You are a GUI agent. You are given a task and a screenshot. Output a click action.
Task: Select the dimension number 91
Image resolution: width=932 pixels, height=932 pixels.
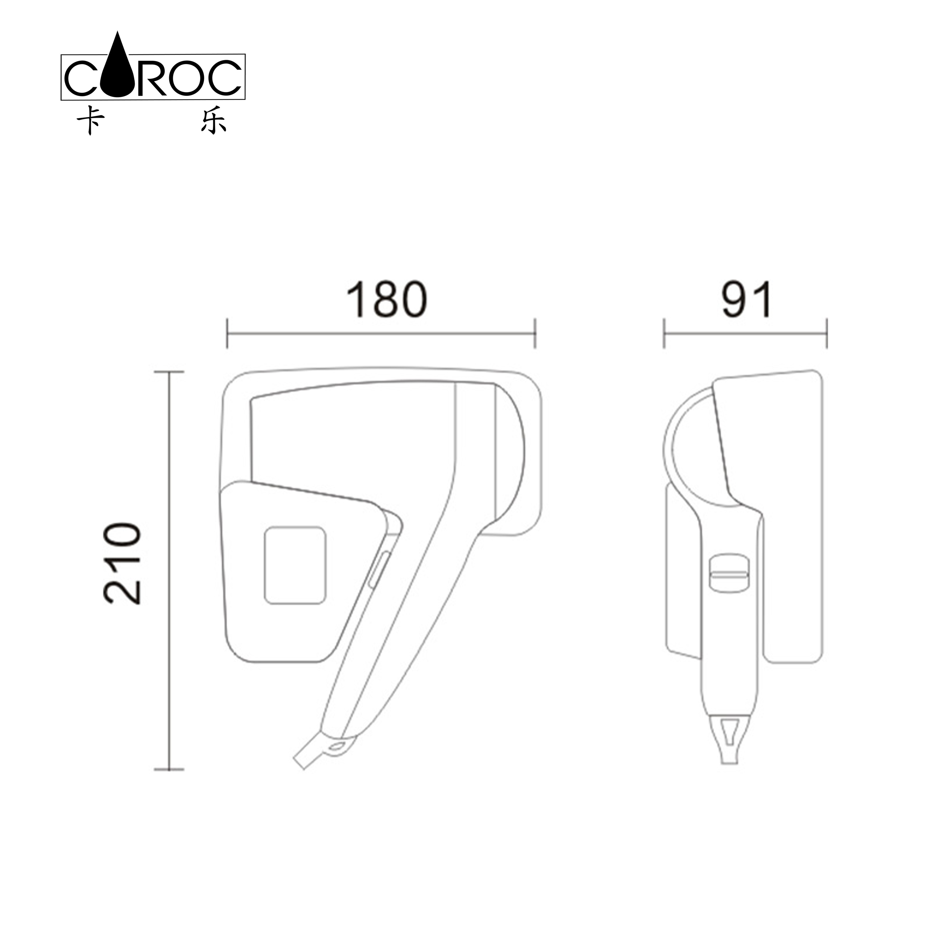coord(746,300)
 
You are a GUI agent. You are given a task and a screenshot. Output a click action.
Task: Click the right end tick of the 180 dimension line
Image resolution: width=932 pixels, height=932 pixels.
coord(535,333)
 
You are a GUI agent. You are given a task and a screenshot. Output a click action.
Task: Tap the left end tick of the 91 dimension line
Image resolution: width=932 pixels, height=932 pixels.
coord(664,333)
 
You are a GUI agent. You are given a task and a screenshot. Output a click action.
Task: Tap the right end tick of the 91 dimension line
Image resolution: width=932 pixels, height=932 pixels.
coord(827,333)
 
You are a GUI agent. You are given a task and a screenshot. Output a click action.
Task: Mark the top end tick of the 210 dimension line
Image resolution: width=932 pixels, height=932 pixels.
coord(169,372)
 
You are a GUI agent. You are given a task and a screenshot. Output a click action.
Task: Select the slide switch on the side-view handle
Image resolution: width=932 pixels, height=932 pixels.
coord(729,573)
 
